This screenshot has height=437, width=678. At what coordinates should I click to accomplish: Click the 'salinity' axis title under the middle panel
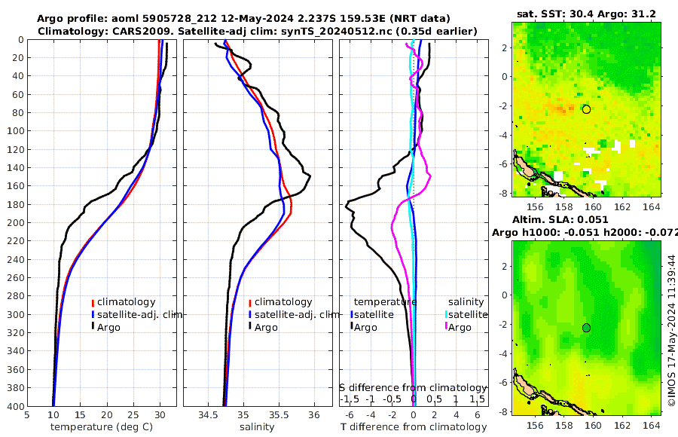pos(258,427)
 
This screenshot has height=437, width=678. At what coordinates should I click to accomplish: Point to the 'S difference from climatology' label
pos(414,387)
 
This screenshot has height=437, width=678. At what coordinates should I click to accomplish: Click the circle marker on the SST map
pos(587,109)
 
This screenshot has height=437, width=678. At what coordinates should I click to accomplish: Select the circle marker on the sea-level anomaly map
pos(587,328)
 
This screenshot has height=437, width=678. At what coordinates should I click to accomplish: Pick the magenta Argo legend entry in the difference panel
pos(459,327)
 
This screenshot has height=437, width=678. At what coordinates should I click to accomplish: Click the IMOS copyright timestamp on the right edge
pos(671,329)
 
